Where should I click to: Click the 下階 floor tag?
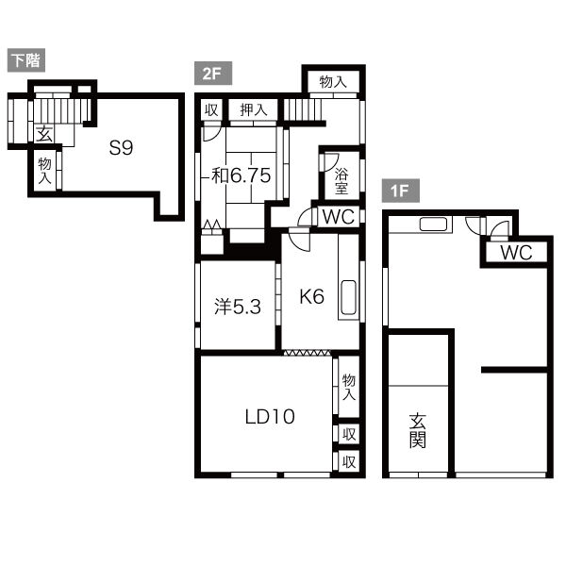pos(26,60)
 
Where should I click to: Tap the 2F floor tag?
pos(213,74)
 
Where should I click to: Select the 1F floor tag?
pos(401,191)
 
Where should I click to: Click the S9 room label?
pos(122,148)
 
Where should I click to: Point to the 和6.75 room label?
pos(241,175)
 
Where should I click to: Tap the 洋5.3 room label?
pos(238,307)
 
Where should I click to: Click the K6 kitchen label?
pos(312,297)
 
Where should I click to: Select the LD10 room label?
pos(270,417)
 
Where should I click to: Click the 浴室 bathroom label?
pos(341,181)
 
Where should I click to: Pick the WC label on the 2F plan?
pos(339,217)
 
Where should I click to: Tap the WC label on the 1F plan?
pos(516,252)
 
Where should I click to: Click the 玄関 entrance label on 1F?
pos(418,431)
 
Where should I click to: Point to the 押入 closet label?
pos(254,110)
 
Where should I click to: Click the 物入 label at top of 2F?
pos(333,81)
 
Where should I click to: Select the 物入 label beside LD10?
pos(349,387)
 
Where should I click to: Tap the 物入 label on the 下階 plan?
pos(44,171)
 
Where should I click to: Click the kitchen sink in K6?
pos(348,297)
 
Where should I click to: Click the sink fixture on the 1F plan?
pos(434,225)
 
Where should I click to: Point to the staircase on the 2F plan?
pos(303,109)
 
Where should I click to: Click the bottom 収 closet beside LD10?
pos(349,461)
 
